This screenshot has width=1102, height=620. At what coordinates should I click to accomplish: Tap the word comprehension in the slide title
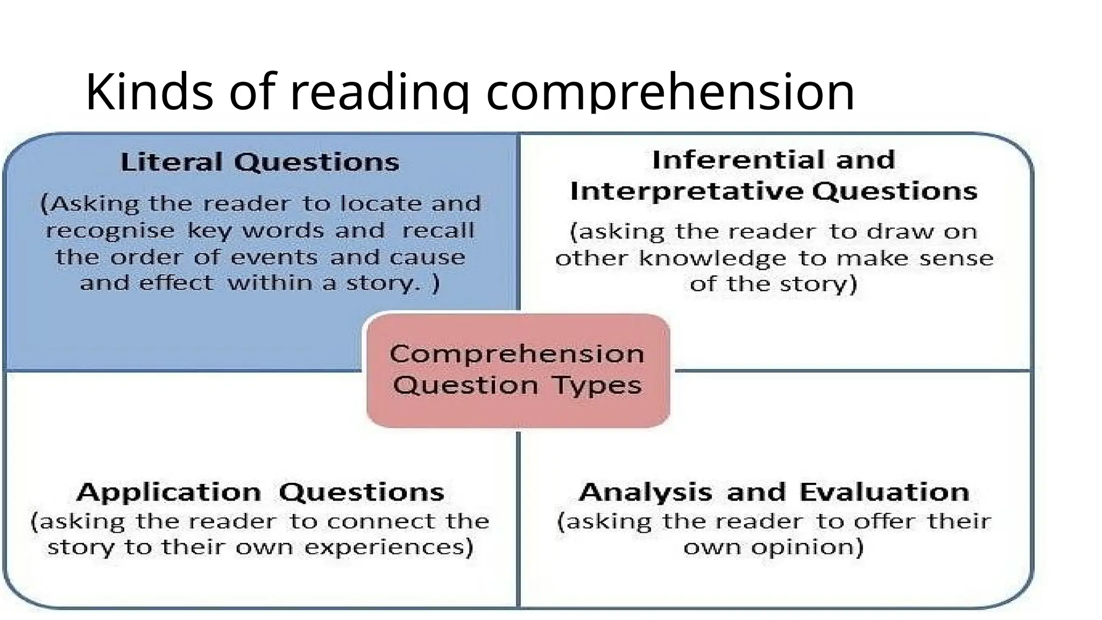(670, 93)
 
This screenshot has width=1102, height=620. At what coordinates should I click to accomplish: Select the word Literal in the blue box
(171, 162)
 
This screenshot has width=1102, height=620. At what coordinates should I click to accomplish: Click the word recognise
(110, 231)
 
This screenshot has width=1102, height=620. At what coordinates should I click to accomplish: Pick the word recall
(438, 231)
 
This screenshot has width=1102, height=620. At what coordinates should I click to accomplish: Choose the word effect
(176, 283)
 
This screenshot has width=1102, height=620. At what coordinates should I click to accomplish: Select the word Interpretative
(687, 191)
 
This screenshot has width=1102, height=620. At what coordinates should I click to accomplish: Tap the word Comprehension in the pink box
(517, 354)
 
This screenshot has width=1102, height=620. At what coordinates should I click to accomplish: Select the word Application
(169, 492)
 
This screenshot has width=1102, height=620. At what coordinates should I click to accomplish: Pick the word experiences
(388, 547)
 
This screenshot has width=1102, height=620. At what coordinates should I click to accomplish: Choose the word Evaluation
(884, 492)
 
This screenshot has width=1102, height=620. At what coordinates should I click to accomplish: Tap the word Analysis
(645, 492)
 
